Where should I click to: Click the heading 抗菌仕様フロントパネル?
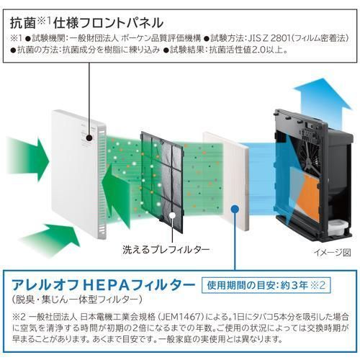(x=87, y=23)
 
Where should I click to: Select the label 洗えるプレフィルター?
(x=166, y=250)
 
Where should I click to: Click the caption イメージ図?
(x=333, y=252)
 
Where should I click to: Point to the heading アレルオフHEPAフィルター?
(x=104, y=285)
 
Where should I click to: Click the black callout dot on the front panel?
(x=89, y=138)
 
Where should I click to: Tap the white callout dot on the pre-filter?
(x=172, y=215)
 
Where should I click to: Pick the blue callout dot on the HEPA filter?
(x=235, y=208)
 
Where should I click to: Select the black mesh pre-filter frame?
(x=162, y=181)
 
